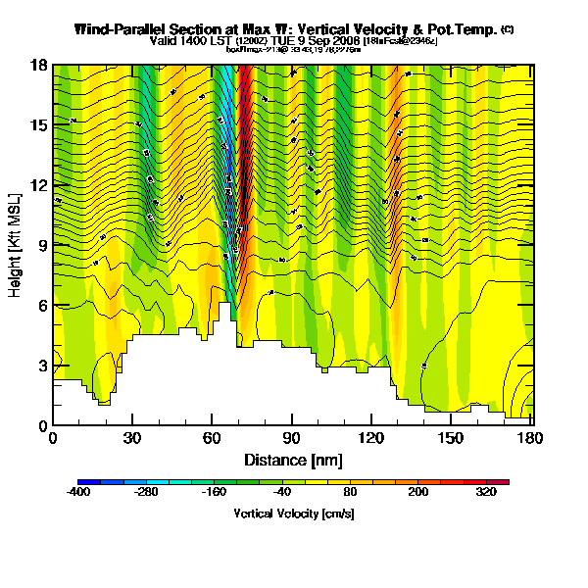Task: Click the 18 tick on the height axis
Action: tap(40, 66)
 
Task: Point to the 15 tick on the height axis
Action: tap(40, 125)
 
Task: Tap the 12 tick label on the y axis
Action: tap(40, 185)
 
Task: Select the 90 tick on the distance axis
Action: tap(292, 437)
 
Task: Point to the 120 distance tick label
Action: tap(371, 437)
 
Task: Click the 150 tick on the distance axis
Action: tap(451, 437)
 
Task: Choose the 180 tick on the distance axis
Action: tap(530, 437)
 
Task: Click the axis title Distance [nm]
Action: tap(292, 459)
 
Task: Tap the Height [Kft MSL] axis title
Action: tap(17, 246)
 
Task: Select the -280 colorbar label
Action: tap(145, 493)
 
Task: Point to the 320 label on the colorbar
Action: tap(487, 493)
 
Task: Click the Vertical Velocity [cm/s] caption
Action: tap(293, 513)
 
